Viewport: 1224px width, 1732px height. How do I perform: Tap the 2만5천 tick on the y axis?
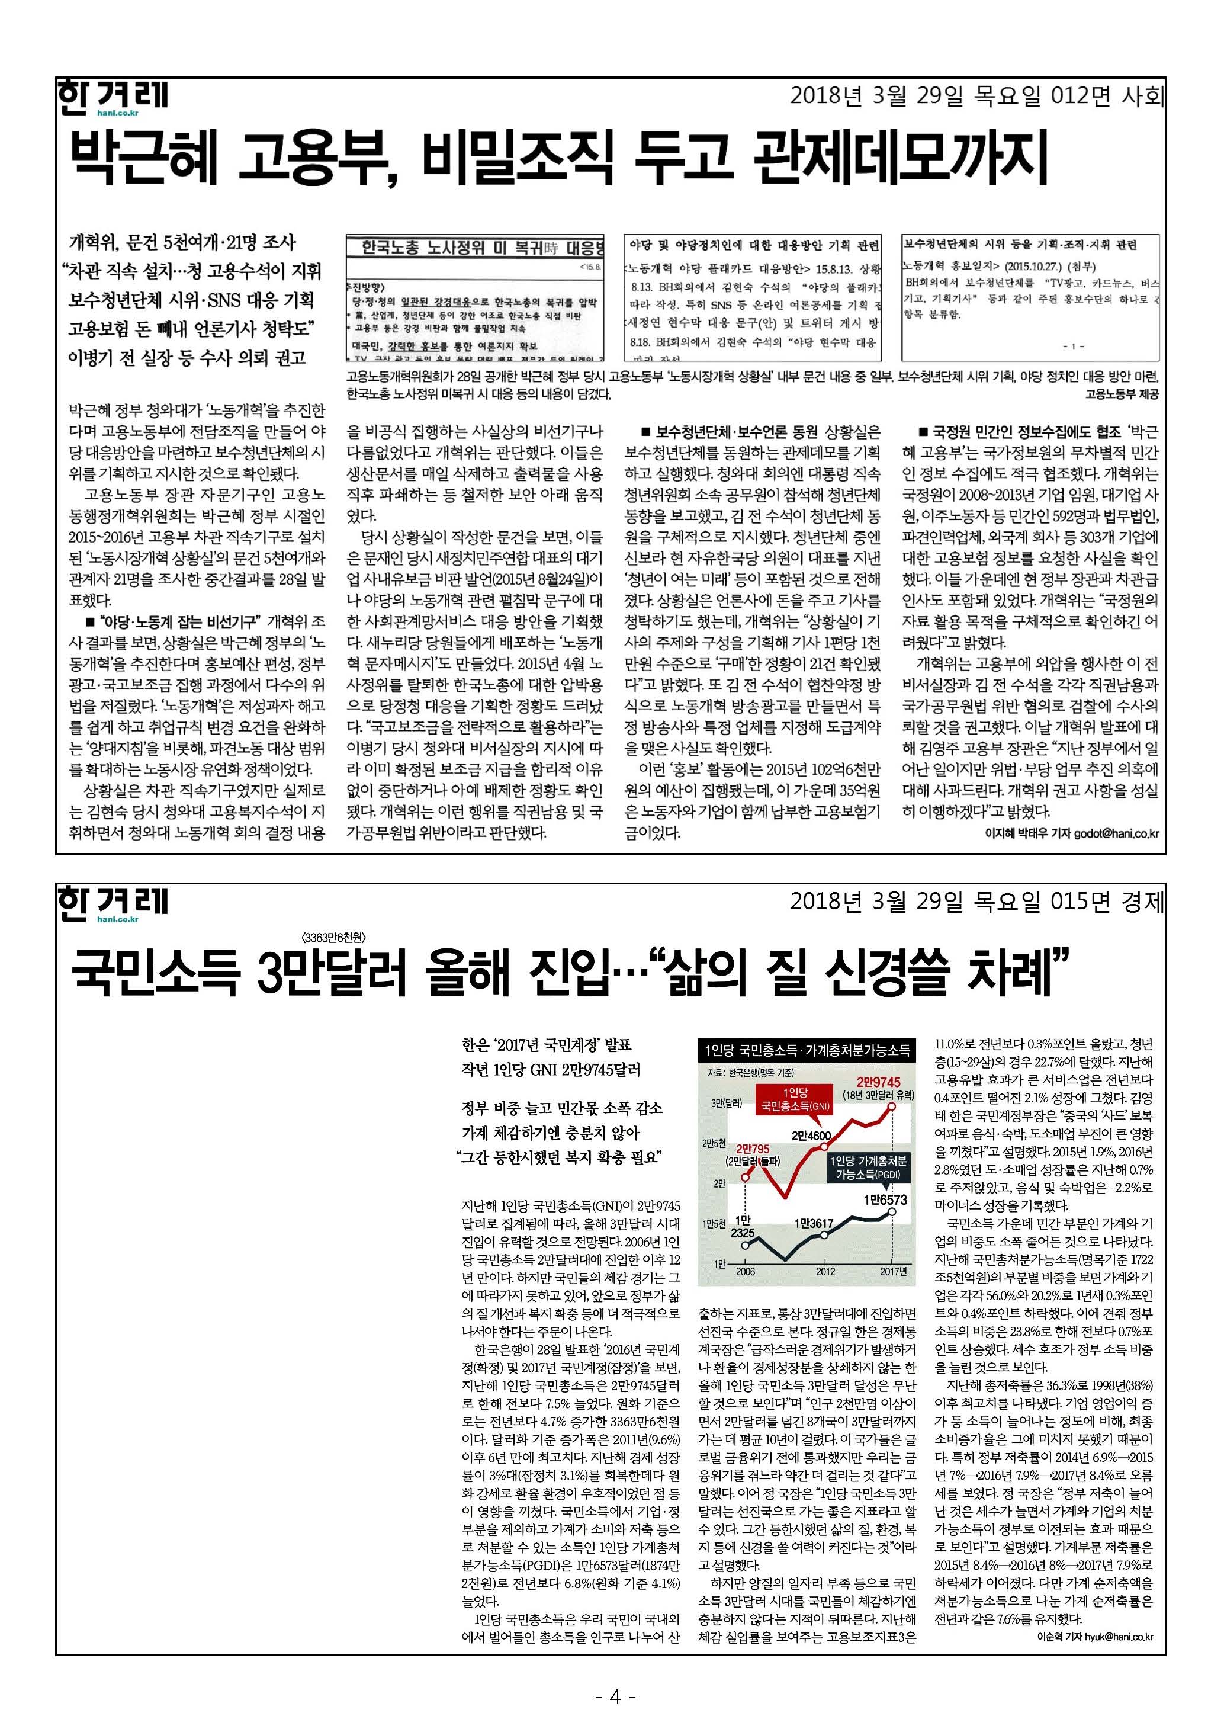coord(714,1143)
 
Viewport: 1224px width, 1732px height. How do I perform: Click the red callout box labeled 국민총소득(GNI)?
coord(795,1100)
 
